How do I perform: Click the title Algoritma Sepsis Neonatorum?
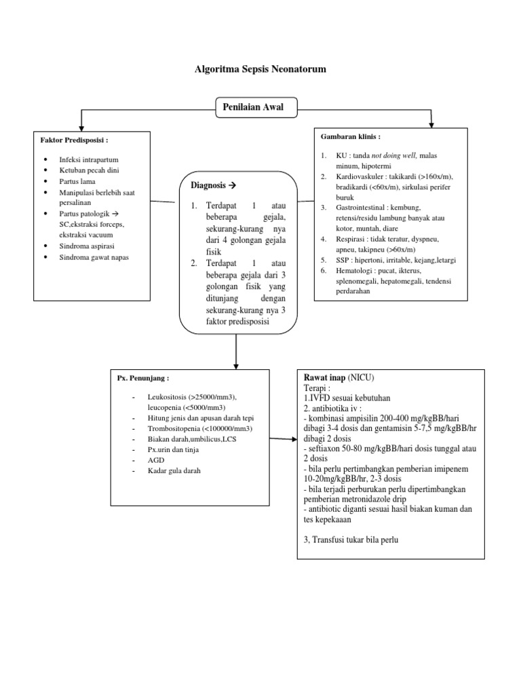[x=260, y=69]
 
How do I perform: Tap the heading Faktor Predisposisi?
[x=75, y=140]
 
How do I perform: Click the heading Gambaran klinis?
[x=350, y=136]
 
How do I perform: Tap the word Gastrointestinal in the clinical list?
[x=361, y=207]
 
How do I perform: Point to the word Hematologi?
[x=354, y=270]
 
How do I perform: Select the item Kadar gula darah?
[x=174, y=471]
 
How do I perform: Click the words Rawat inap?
[x=324, y=377]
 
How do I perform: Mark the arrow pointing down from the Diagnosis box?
[x=236, y=350]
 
